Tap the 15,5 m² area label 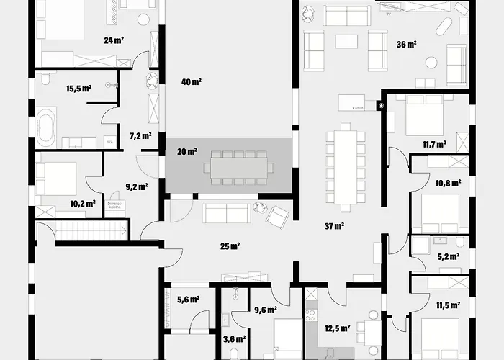coord(78,89)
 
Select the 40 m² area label coord(192,82)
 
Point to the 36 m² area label coord(407,44)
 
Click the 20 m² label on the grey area coord(186,151)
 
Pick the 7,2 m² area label coord(140,135)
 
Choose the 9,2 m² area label coord(136,186)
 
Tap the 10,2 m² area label coord(83,204)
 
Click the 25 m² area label coord(230,246)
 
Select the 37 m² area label coord(334,226)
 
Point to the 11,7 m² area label coord(455,144)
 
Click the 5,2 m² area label coord(449,256)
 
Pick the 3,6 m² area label coord(235,338)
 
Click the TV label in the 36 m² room coord(389,14)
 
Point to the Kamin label coord(357,107)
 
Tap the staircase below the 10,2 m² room coord(82,231)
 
